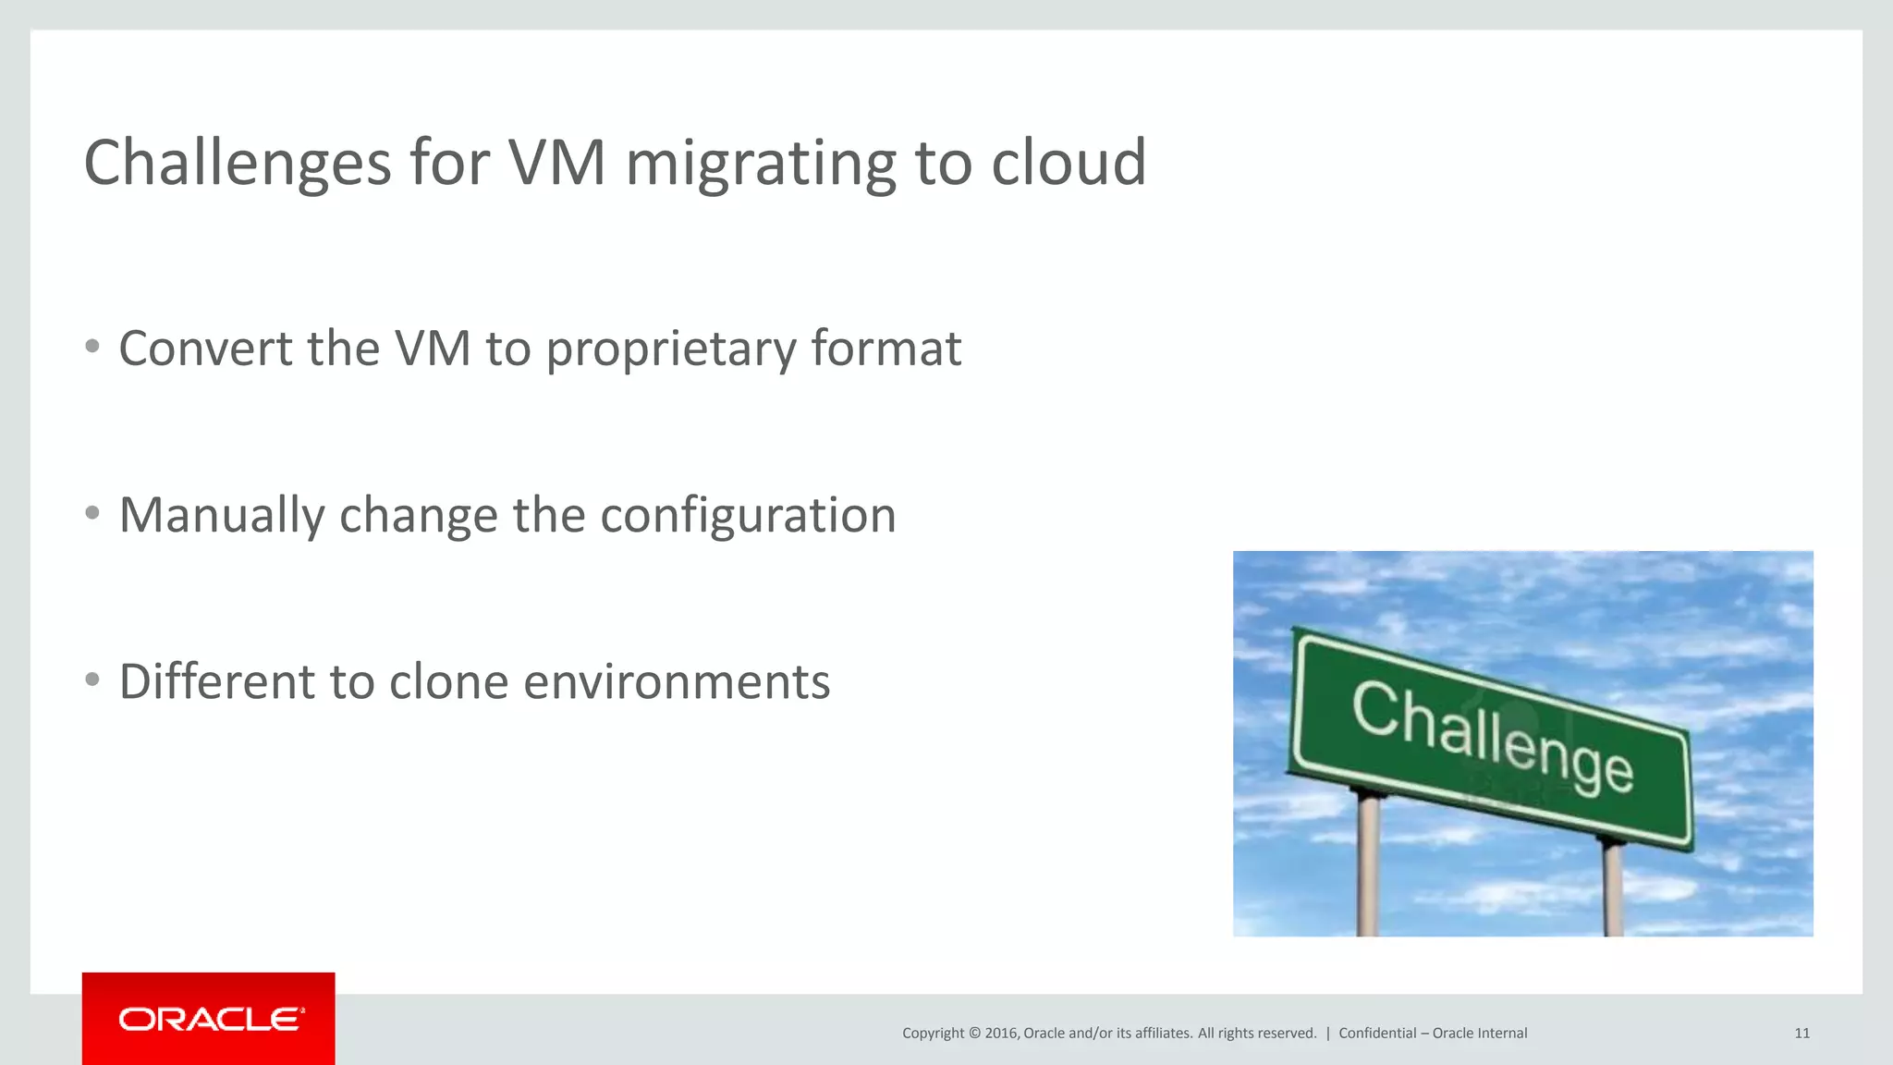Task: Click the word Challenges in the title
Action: click(238, 163)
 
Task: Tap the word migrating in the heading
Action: click(761, 163)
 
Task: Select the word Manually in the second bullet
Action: click(221, 516)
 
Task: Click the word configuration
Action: click(748, 516)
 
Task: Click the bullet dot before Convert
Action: click(92, 347)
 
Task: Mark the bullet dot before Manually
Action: click(92, 513)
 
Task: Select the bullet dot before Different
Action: click(92, 679)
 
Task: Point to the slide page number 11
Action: click(1801, 1034)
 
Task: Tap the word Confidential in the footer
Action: click(1377, 1034)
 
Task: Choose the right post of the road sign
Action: click(1613, 887)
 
